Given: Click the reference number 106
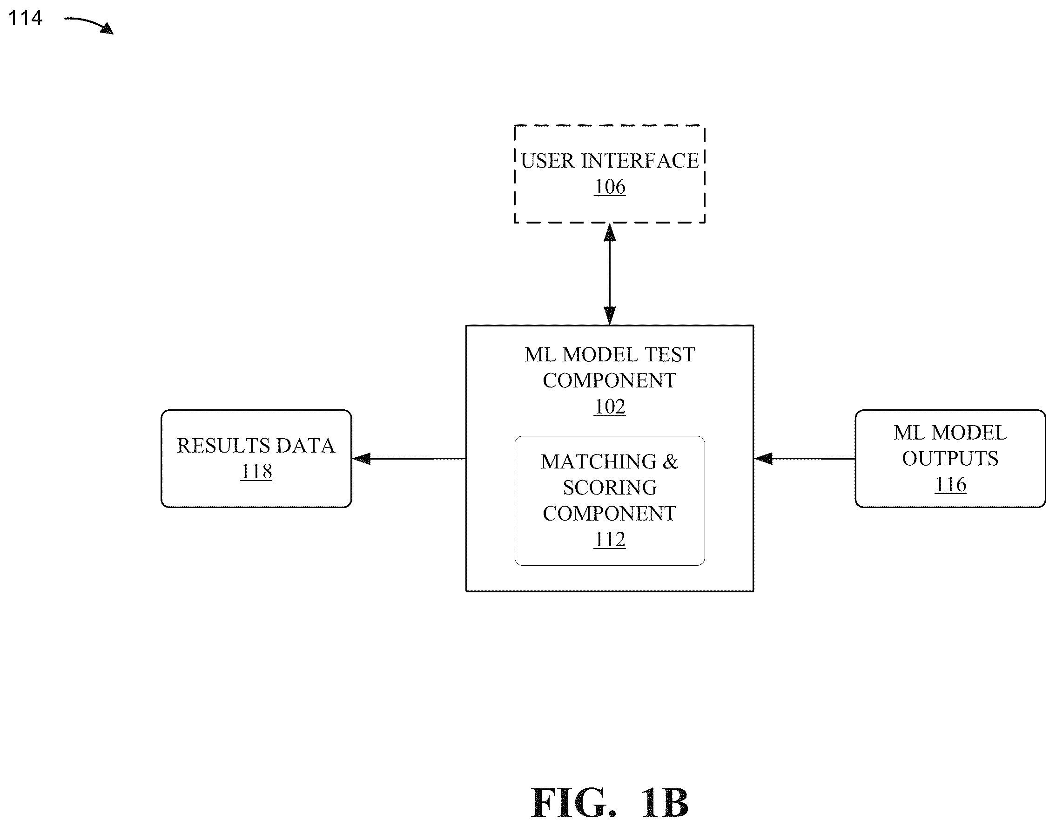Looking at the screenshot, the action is pos(610,187).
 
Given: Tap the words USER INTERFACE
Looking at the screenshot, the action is pos(610,161).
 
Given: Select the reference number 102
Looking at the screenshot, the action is pos(610,407).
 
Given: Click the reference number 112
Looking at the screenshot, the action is pos(610,539).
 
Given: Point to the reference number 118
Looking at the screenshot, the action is pos(256,472).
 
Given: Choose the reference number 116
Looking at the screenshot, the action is pos(950,485).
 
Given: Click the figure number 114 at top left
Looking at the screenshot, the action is pos(25,19).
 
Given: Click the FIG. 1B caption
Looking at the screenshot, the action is pos(610,803).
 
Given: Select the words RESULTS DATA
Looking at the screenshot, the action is pos(256,446).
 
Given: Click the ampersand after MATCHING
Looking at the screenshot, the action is pos(671,462).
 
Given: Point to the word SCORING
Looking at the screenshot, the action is pos(610,488).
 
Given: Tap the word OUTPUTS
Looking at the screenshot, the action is pos(950,459).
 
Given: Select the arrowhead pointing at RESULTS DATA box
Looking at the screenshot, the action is pos(362,459).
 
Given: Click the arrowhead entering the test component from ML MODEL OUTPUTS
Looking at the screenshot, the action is pos(763,459).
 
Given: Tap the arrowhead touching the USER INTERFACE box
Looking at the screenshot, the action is pos(610,232).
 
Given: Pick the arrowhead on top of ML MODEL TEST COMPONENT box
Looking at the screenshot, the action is pos(610,316).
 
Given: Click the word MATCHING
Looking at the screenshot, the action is pos(599,462).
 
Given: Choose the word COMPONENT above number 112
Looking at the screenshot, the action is pos(610,514).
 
